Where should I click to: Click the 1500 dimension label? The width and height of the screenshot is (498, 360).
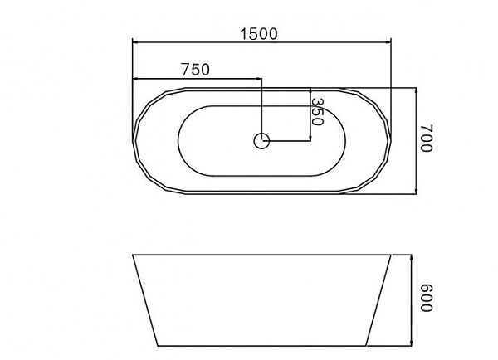pyautogui.click(x=258, y=34)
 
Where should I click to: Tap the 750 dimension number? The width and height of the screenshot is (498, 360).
pyautogui.click(x=196, y=70)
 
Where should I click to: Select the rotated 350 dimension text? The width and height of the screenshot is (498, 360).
pyautogui.click(x=317, y=112)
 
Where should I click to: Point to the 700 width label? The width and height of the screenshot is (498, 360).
pyautogui.click(x=427, y=138)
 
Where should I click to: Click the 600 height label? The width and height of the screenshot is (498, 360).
pyautogui.click(x=427, y=298)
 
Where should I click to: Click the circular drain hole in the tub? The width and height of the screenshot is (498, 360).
pyautogui.click(x=261, y=141)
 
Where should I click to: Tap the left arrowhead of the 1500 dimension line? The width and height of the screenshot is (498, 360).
pyautogui.click(x=135, y=42)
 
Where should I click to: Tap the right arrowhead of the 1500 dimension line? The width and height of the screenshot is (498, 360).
pyautogui.click(x=388, y=42)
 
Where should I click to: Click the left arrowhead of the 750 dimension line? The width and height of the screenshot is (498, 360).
pyautogui.click(x=135, y=78)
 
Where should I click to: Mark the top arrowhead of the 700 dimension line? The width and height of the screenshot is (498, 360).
pyautogui.click(x=417, y=90)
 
